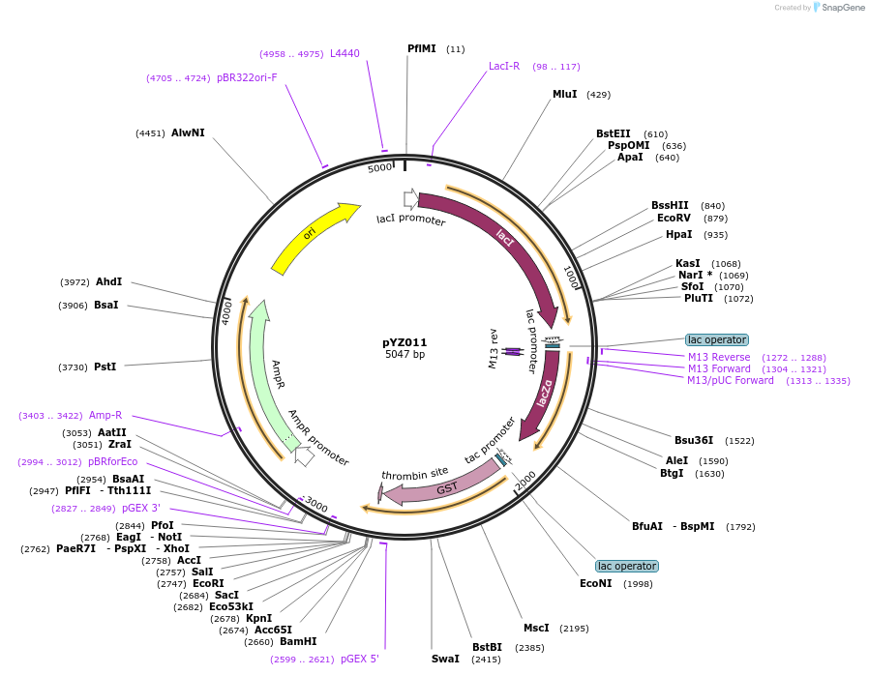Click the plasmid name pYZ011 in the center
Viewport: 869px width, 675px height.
[x=405, y=342]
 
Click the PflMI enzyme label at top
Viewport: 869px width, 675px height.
[x=422, y=48]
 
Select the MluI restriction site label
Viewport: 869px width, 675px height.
[x=564, y=94]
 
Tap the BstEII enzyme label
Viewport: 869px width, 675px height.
[x=613, y=133]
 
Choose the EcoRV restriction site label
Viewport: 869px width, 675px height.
[x=674, y=218]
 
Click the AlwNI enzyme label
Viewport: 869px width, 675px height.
[x=188, y=132]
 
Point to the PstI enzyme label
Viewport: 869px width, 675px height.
[x=105, y=367]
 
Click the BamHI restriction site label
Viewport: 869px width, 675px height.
[x=298, y=641]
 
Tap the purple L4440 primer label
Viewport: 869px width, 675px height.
[x=345, y=53]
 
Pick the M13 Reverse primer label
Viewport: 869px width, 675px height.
[x=719, y=357]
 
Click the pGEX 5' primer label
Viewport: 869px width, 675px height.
[x=360, y=659]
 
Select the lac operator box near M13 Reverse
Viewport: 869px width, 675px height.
[x=716, y=339]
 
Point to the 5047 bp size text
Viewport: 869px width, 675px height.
[x=405, y=355]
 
